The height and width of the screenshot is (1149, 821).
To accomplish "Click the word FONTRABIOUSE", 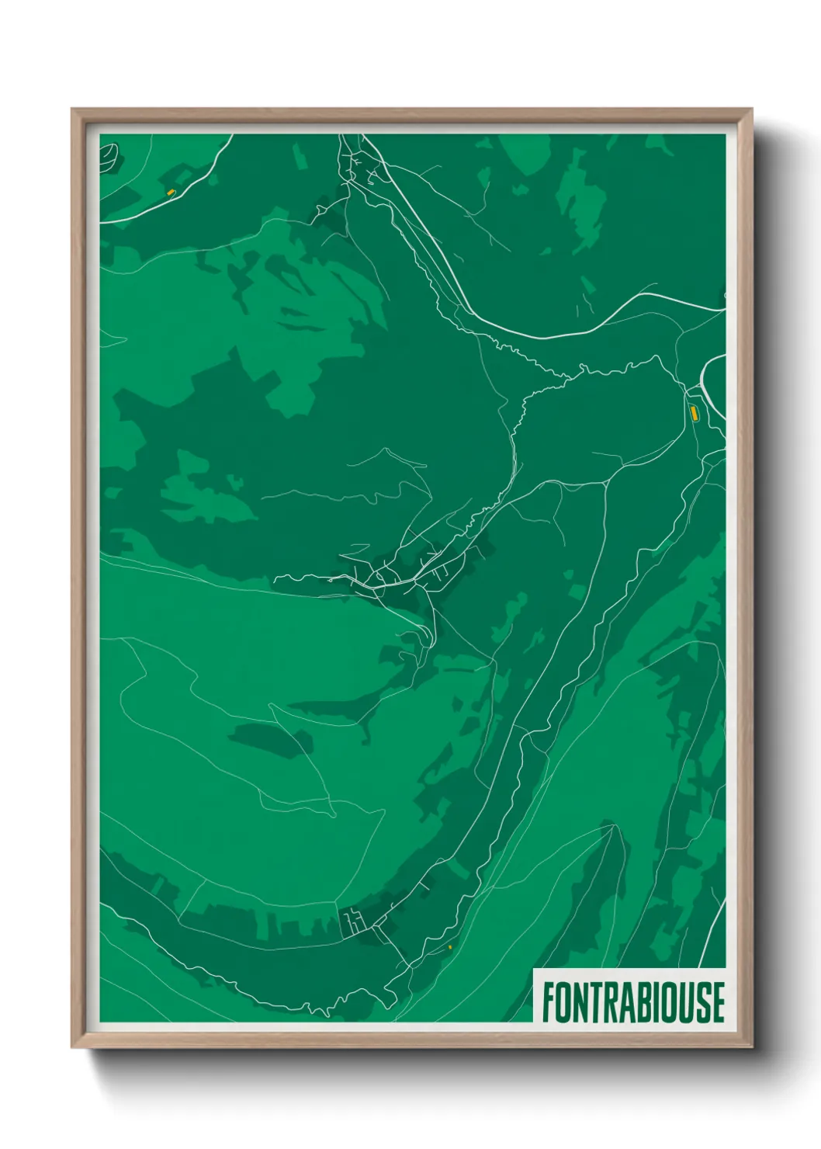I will tap(632, 1001).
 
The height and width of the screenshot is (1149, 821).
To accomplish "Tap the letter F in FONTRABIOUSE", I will tap(548, 1001).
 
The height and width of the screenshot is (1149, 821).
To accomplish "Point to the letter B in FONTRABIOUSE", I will tap(641, 1001).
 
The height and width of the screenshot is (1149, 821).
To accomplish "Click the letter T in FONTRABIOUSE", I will tap(595, 1001).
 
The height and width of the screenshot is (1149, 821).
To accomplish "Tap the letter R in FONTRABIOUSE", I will tap(610, 1001).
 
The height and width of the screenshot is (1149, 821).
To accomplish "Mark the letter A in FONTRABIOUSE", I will tap(625, 1001).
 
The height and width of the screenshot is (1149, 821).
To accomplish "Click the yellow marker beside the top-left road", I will tap(171, 192).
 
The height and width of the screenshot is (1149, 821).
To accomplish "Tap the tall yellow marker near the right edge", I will tap(694, 413).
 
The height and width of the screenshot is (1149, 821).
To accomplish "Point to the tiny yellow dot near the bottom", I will tap(450, 947).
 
